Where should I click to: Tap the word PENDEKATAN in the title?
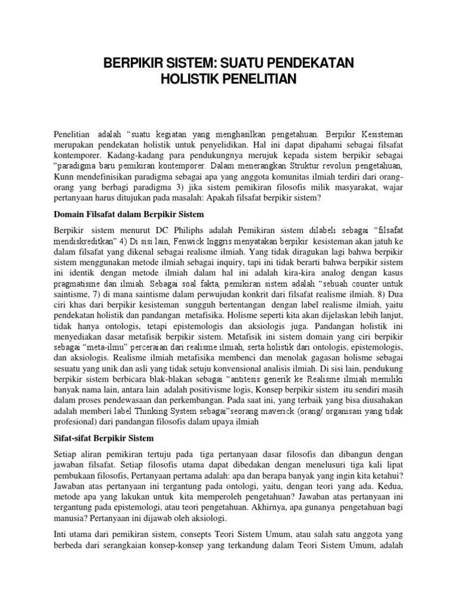(x=308, y=62)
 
